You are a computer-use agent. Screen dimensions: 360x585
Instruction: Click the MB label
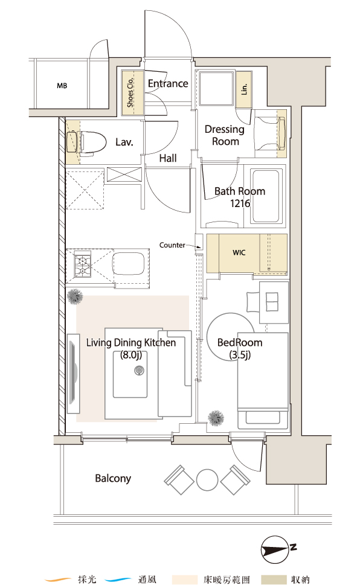click(62, 86)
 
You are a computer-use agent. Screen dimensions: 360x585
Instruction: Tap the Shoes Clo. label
click(130, 92)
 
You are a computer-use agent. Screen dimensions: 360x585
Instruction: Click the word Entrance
click(168, 83)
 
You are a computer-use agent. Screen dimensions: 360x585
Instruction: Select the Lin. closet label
click(244, 89)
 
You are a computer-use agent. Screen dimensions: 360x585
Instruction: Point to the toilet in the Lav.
click(81, 142)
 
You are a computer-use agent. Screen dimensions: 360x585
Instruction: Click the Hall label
click(168, 158)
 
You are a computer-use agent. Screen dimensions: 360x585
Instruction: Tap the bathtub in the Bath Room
click(266, 196)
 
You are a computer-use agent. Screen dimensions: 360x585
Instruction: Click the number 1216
click(240, 203)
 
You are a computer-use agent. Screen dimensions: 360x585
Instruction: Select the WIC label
click(239, 252)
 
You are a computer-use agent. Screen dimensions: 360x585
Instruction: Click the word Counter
click(172, 245)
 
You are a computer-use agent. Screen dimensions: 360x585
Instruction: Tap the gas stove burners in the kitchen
click(82, 264)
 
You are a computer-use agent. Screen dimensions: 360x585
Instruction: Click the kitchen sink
click(129, 264)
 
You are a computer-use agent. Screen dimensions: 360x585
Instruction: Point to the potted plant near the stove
click(75, 296)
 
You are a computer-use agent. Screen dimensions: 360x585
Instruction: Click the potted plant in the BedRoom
click(216, 418)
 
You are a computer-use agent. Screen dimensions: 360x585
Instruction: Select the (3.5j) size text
click(240, 354)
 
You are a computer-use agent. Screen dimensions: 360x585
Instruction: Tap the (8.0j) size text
click(130, 354)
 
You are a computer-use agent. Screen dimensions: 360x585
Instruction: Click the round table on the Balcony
click(207, 480)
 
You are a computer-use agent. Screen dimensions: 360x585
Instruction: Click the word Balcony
click(113, 478)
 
